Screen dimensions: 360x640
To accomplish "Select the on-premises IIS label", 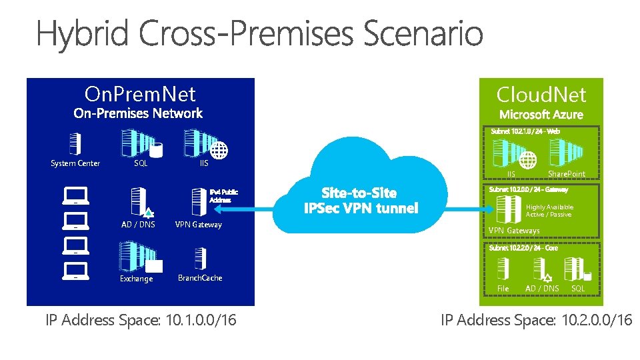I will [x=204, y=163].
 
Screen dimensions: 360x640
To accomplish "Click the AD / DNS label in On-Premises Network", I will [x=138, y=225].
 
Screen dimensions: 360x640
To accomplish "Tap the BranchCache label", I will [x=200, y=278].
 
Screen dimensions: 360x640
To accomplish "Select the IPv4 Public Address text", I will [x=223, y=195].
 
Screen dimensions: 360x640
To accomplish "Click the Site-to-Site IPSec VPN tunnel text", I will [x=361, y=201].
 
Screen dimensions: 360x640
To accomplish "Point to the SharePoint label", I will [x=566, y=174].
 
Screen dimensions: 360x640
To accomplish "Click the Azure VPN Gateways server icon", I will [x=513, y=209].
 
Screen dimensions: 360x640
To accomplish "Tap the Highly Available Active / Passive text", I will [x=549, y=211].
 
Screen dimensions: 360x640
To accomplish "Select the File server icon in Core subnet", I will [x=503, y=268].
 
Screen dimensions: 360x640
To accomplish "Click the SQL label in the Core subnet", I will [x=578, y=289].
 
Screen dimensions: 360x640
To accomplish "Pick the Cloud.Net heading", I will [x=541, y=95].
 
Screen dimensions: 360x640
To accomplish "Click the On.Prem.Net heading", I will [x=140, y=93].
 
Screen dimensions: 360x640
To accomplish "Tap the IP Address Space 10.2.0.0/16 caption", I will [x=536, y=320].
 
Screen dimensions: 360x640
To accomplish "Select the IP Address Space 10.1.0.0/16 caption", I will [x=141, y=320].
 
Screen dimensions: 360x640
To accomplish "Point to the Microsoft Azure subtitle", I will [x=541, y=115].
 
